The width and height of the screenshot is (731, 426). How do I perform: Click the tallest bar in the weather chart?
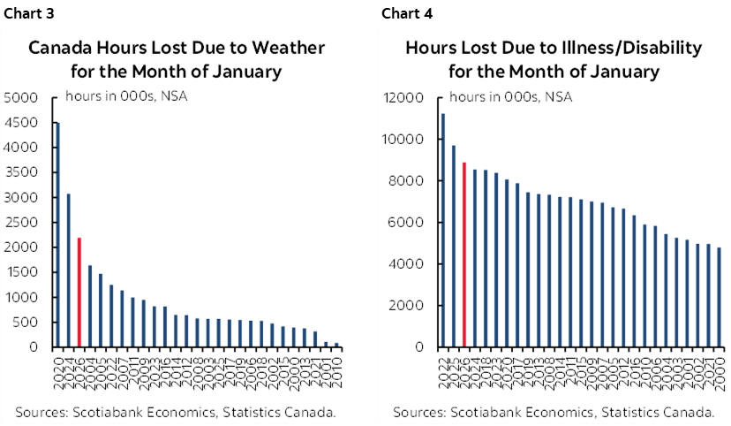click(58, 234)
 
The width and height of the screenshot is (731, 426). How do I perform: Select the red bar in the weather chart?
click(80, 292)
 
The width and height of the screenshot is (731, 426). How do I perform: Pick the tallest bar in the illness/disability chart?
click(442, 230)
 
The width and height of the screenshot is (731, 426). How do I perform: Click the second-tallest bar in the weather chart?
click(69, 270)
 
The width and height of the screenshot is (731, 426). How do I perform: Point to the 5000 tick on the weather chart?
click(20, 97)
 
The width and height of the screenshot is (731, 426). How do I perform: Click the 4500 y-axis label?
click(20, 123)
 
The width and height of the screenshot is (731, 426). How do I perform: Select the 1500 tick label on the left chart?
click(20, 272)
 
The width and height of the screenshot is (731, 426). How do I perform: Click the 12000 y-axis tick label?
click(404, 97)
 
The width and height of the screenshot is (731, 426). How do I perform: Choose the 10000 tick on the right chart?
click(404, 140)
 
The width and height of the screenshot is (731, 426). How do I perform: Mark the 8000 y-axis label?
click(408, 181)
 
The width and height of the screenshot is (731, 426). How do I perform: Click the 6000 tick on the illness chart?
click(408, 223)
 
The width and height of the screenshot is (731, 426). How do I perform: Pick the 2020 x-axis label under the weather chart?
click(58, 365)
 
